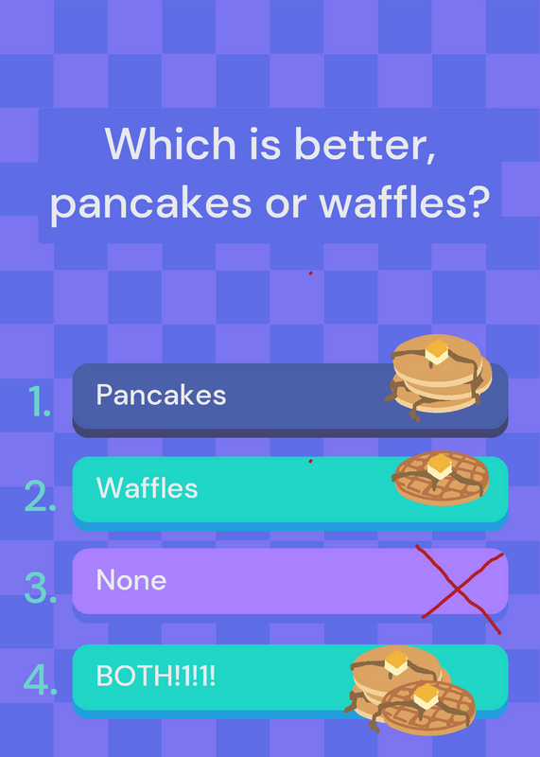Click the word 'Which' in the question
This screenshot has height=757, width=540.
pyautogui.click(x=170, y=144)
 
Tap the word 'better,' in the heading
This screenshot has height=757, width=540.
pyautogui.click(x=365, y=145)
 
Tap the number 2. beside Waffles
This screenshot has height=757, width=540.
pyautogui.click(x=40, y=495)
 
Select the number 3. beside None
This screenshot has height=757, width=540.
pyautogui.click(x=41, y=588)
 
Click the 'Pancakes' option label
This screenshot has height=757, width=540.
pyautogui.click(x=161, y=395)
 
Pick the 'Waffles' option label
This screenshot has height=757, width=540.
pyautogui.click(x=148, y=487)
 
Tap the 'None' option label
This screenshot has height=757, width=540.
pyautogui.click(x=131, y=579)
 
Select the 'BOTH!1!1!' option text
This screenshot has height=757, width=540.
pyautogui.click(x=155, y=676)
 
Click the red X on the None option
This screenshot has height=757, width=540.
pyautogui.click(x=458, y=589)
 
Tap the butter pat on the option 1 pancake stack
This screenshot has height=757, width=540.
pyautogui.click(x=437, y=351)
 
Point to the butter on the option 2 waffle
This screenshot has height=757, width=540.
pyautogui.click(x=439, y=467)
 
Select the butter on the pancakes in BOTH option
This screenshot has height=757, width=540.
pyautogui.click(x=396, y=662)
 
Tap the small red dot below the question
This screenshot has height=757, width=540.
pyautogui.click(x=311, y=273)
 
